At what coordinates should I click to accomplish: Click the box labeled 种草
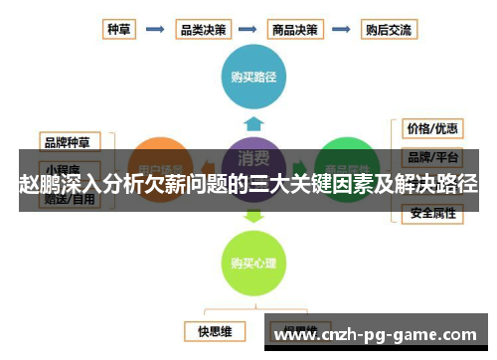point(119,29)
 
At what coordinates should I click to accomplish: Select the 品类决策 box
point(202,29)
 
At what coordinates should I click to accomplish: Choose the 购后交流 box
point(388,29)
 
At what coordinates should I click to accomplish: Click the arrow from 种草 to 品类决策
point(155,29)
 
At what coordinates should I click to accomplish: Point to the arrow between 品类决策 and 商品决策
point(249,29)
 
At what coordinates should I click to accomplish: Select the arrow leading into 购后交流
point(341,29)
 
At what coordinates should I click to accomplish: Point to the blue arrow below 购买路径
point(252,122)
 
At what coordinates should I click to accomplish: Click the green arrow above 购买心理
point(252,215)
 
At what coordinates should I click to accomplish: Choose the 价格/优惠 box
point(431,128)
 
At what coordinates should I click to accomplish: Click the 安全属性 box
point(431,213)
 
